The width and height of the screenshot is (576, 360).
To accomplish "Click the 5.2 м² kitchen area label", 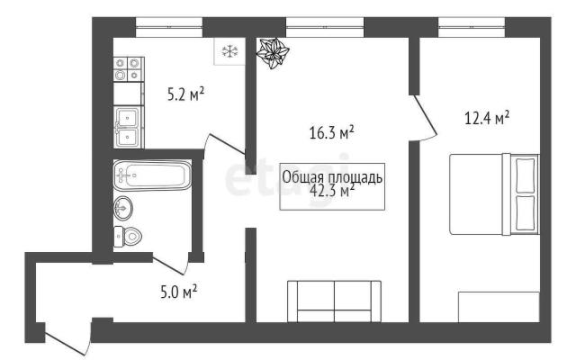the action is click(x=185, y=94).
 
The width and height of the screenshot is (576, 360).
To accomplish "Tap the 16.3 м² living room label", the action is click(x=332, y=132).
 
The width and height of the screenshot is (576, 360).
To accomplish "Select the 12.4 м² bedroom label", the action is click(x=487, y=118).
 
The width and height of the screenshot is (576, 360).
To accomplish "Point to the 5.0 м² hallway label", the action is click(x=179, y=292).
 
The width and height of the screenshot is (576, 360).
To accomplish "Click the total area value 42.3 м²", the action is click(x=332, y=191).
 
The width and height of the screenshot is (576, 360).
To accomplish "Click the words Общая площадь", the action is click(x=332, y=177).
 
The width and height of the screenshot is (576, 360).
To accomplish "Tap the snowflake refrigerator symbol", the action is click(x=230, y=51).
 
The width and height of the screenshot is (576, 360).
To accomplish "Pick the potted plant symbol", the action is click(x=273, y=53).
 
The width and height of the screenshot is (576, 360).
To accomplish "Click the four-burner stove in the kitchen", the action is click(x=129, y=69).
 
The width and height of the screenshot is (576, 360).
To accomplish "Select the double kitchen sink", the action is click(x=128, y=127).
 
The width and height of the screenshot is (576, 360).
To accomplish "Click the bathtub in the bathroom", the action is click(x=152, y=175).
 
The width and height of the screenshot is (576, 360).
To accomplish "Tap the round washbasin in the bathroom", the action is click(x=123, y=208).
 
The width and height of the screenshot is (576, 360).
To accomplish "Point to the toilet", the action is click(x=128, y=236).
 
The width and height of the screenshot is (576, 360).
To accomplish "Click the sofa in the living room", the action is click(x=334, y=301).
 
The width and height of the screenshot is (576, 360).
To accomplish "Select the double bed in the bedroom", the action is click(x=494, y=194).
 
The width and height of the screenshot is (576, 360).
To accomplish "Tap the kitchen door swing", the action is click(x=225, y=144).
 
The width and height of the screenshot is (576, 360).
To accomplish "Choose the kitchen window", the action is click(x=169, y=27).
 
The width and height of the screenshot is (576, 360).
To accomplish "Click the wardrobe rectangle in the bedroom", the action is click(x=499, y=307).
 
